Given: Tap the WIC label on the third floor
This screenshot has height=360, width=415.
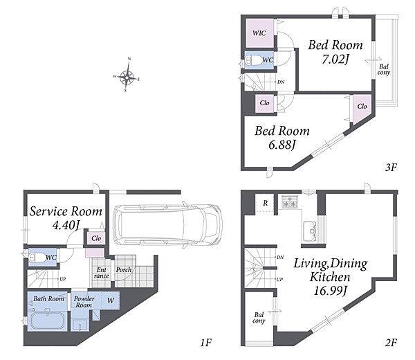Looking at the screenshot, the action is (259, 33).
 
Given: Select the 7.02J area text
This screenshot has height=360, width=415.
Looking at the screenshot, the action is (335, 59).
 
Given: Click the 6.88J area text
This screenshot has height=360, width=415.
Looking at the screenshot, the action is (282, 145).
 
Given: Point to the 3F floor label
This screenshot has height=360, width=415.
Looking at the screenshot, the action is (391, 167).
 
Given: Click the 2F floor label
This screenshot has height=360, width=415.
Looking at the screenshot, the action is (391, 343).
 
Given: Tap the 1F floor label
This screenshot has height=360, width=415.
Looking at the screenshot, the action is (205, 343).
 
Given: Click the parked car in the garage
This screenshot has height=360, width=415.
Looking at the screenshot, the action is (168, 224).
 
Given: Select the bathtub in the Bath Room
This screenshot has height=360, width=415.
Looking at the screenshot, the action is (47, 321).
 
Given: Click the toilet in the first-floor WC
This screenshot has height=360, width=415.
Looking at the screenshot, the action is (37, 257).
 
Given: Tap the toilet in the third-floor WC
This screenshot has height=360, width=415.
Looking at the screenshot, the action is (253, 60).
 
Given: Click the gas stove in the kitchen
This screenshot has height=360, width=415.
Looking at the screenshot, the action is (290, 201).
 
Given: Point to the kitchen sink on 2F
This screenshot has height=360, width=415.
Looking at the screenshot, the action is (311, 231).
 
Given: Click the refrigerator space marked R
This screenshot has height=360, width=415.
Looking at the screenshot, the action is (265, 203).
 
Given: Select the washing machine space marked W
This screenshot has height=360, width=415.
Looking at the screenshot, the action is (111, 300).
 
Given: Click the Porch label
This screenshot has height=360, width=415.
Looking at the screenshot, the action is (124, 270).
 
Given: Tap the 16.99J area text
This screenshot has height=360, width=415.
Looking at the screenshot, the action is (331, 290).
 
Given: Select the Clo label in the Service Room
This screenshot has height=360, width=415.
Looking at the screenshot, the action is (96, 238).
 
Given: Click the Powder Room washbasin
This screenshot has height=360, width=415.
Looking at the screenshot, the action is (80, 325).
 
